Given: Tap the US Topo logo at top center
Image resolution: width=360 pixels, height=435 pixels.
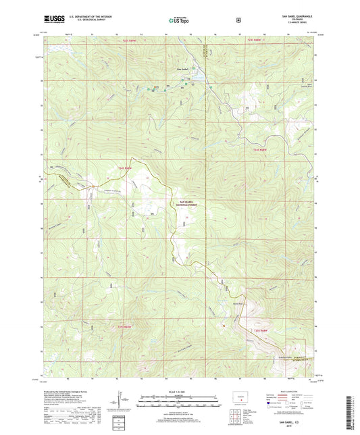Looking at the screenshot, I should [x=179, y=21].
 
